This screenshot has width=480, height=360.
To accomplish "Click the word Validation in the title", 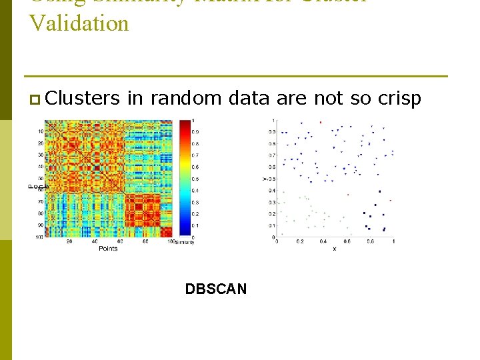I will pos(79,23).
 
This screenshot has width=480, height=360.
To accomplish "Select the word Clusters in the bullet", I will pos(83,99).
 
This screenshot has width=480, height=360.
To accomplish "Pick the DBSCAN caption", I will pos(215,289).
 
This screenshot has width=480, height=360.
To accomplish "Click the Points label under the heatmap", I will pos(108,248).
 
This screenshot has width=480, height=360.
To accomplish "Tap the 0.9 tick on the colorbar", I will pos(195,132).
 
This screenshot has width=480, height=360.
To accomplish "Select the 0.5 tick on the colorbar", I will pos(195,179).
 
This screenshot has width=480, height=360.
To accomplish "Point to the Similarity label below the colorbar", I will pos(183,242).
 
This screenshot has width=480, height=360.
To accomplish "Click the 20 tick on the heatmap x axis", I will pos(69,241).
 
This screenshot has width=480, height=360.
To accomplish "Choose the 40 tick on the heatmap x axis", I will pos(95,241).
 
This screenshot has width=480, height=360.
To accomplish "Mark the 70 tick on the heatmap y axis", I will pos(40,201).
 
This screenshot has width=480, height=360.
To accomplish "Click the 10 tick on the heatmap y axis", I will pos(40,131).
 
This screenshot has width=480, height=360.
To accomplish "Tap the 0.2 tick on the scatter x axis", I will pos(299,241).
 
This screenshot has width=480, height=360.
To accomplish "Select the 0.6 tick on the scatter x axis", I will pos(347,241).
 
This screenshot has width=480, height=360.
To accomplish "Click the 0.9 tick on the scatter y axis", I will pos(271,132).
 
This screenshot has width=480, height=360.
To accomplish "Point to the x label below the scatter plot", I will pos(334,249).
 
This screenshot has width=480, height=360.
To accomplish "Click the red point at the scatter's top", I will pos(321,122).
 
